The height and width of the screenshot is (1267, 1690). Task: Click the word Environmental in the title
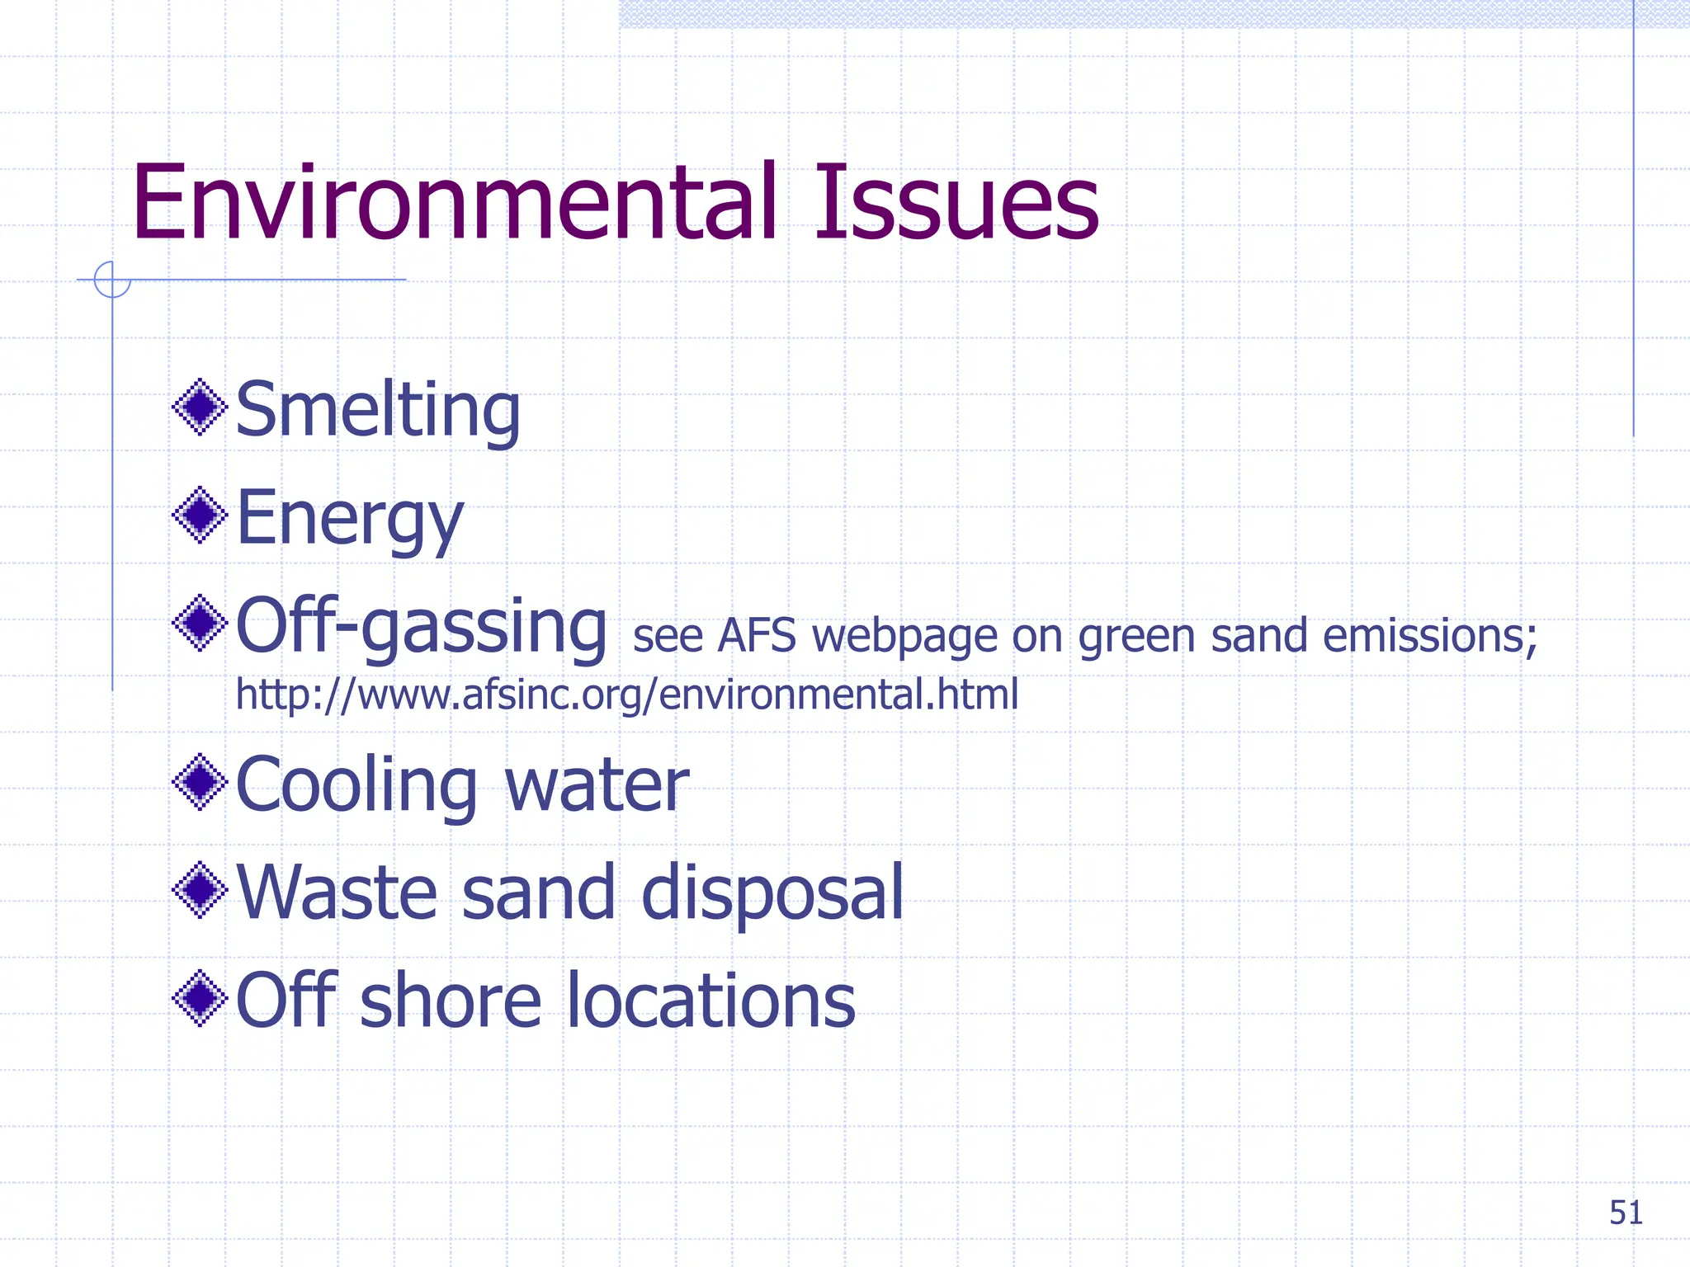455,203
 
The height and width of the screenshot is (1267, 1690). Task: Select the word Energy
349,520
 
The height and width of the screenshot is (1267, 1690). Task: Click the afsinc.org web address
627,695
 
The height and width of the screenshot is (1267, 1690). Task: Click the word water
597,785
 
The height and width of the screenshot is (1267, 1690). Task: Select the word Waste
337,893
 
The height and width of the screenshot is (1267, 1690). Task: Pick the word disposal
772,893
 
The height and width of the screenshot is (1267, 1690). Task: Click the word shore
451,1001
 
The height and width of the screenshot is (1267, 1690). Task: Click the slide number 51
1626,1213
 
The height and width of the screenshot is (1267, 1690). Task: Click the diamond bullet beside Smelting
200,407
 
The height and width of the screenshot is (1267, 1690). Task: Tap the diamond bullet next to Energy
200,516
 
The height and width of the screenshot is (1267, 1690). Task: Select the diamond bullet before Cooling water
200,782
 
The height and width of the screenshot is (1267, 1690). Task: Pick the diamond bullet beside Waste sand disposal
200,889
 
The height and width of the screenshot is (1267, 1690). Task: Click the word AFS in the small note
757,637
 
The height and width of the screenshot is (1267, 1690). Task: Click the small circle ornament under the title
112,280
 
